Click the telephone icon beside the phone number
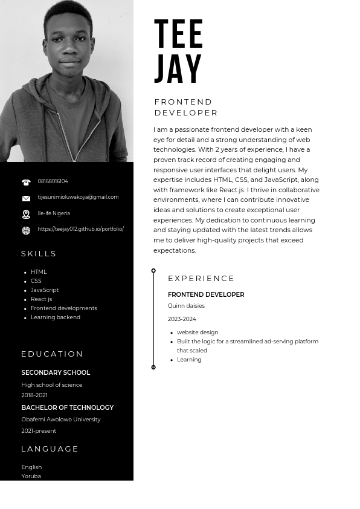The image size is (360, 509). point(26,182)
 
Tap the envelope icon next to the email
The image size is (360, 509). point(26,198)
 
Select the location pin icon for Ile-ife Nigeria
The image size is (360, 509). point(26,214)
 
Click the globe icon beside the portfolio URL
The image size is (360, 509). point(26,230)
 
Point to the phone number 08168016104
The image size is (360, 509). point(53,181)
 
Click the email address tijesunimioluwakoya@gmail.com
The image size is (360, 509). point(78,197)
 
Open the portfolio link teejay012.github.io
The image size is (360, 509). point(80,229)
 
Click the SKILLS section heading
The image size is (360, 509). point(39,254)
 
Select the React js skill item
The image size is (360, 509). point(41,299)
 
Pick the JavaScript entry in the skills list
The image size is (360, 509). point(45,290)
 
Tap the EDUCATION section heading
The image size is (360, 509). point(53,354)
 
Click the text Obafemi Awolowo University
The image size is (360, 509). point(60,420)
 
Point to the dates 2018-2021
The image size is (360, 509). point(34,395)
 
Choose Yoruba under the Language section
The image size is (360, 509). point(31,476)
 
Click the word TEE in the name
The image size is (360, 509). point(179,34)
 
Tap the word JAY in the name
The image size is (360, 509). point(178,69)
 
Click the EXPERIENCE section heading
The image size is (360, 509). point(201,279)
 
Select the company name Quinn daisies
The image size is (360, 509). point(186,306)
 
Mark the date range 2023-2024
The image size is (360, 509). point(182,319)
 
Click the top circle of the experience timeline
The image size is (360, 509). point(153,271)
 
